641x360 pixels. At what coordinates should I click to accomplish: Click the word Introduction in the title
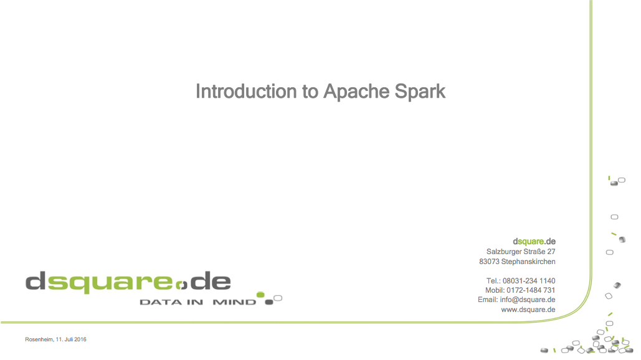click(x=246, y=91)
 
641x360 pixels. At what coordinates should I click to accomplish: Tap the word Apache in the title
click(x=356, y=92)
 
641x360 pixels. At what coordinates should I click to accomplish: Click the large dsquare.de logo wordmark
click(x=128, y=282)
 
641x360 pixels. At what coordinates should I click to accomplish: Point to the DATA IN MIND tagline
click(x=198, y=302)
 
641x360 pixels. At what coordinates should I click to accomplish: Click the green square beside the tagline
click(x=260, y=295)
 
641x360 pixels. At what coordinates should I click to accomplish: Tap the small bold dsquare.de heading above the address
click(x=534, y=242)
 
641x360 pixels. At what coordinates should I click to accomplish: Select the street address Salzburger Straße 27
click(x=521, y=251)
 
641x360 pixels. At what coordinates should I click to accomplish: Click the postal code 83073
click(x=490, y=262)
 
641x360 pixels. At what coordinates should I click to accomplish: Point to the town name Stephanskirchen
click(x=528, y=262)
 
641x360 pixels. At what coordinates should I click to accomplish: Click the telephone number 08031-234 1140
click(x=529, y=281)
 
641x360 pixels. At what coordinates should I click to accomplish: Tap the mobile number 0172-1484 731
click(x=531, y=290)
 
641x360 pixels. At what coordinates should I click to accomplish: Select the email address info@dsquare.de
click(x=528, y=300)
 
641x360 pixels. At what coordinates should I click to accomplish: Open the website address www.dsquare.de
click(x=528, y=310)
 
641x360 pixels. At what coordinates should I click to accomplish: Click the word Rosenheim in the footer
click(x=39, y=339)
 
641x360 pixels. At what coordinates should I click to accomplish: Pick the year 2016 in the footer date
click(x=80, y=339)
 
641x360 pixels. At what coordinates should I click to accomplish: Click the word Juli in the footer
click(x=69, y=339)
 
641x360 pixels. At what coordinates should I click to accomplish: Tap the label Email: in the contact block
click(x=488, y=300)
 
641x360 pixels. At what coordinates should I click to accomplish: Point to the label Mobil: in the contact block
click(x=495, y=290)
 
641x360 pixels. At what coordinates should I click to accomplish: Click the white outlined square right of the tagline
click(x=278, y=298)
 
